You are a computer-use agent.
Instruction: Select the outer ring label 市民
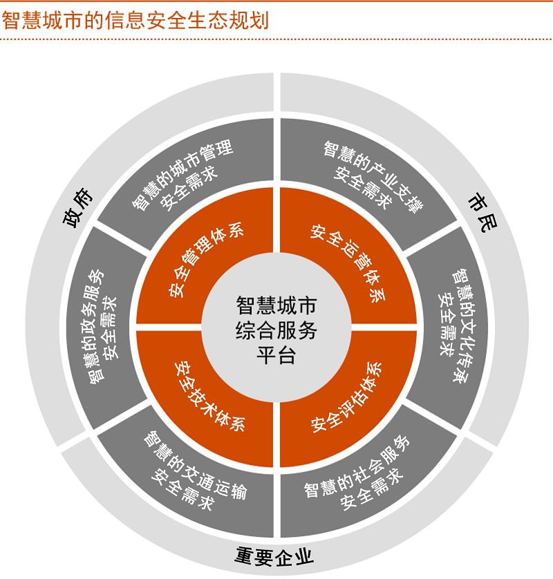478,211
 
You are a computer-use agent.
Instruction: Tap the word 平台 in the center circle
276,356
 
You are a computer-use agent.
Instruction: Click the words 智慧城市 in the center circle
276,305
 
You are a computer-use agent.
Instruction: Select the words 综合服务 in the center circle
276,330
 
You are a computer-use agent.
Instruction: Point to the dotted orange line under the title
276,39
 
